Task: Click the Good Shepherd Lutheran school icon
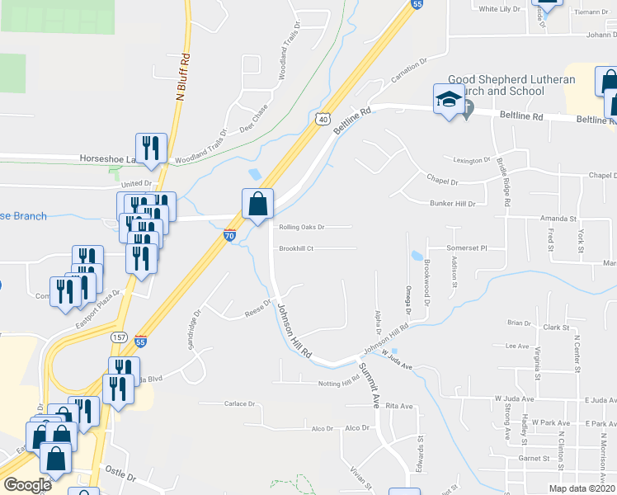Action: (449, 100)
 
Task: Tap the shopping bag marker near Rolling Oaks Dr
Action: (257, 203)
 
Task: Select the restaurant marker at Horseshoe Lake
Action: (151, 148)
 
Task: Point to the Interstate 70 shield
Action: (230, 236)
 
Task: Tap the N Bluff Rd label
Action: (184, 77)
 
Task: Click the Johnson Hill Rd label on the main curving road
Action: (295, 330)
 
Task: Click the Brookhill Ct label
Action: (297, 248)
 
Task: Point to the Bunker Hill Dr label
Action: (454, 203)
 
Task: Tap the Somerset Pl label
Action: (468, 247)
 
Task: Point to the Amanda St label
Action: (558, 219)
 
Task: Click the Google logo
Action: (28, 485)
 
